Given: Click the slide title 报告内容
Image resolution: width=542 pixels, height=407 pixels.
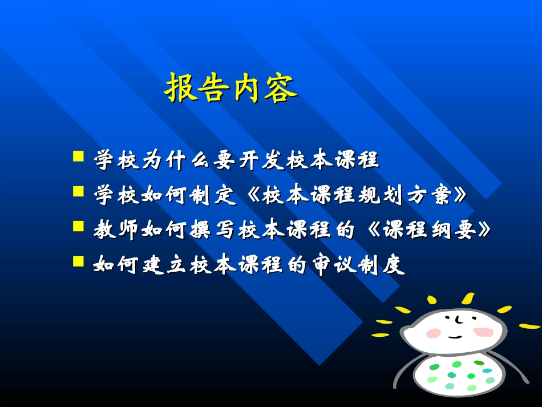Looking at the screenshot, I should click(231, 88).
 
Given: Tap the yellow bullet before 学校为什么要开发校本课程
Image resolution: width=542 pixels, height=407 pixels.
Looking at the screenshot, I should click(79, 156).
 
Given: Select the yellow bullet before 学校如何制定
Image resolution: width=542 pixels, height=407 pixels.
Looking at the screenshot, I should click(79, 191).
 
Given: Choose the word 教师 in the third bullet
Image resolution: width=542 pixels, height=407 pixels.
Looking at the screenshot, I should click(116, 231).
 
